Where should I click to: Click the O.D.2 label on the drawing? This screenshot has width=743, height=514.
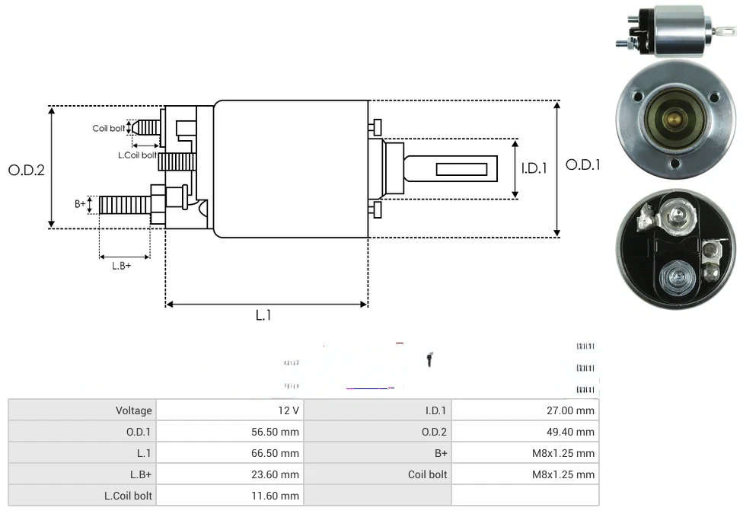tap(27, 170)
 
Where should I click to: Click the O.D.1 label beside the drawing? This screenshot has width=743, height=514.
tap(583, 164)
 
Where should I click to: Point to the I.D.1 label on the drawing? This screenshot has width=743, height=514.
tap(534, 168)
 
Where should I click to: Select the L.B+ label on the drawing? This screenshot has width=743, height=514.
tap(122, 266)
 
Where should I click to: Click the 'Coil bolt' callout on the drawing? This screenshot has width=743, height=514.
tap(109, 129)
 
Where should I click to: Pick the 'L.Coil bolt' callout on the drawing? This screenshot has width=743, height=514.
tap(137, 155)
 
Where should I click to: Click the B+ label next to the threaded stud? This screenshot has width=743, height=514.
tap(80, 204)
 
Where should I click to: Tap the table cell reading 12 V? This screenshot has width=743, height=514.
tap(289, 410)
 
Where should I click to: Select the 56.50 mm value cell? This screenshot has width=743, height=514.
tap(273, 432)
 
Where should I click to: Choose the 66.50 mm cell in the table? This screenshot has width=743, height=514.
tap(273, 453)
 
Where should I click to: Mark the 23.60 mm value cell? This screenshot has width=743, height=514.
tap(273, 474)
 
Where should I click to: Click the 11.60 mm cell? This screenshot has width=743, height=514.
tap(273, 496)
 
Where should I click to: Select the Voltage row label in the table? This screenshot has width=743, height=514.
tap(134, 410)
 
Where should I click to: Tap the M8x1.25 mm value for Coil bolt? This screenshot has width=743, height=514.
tap(563, 474)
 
